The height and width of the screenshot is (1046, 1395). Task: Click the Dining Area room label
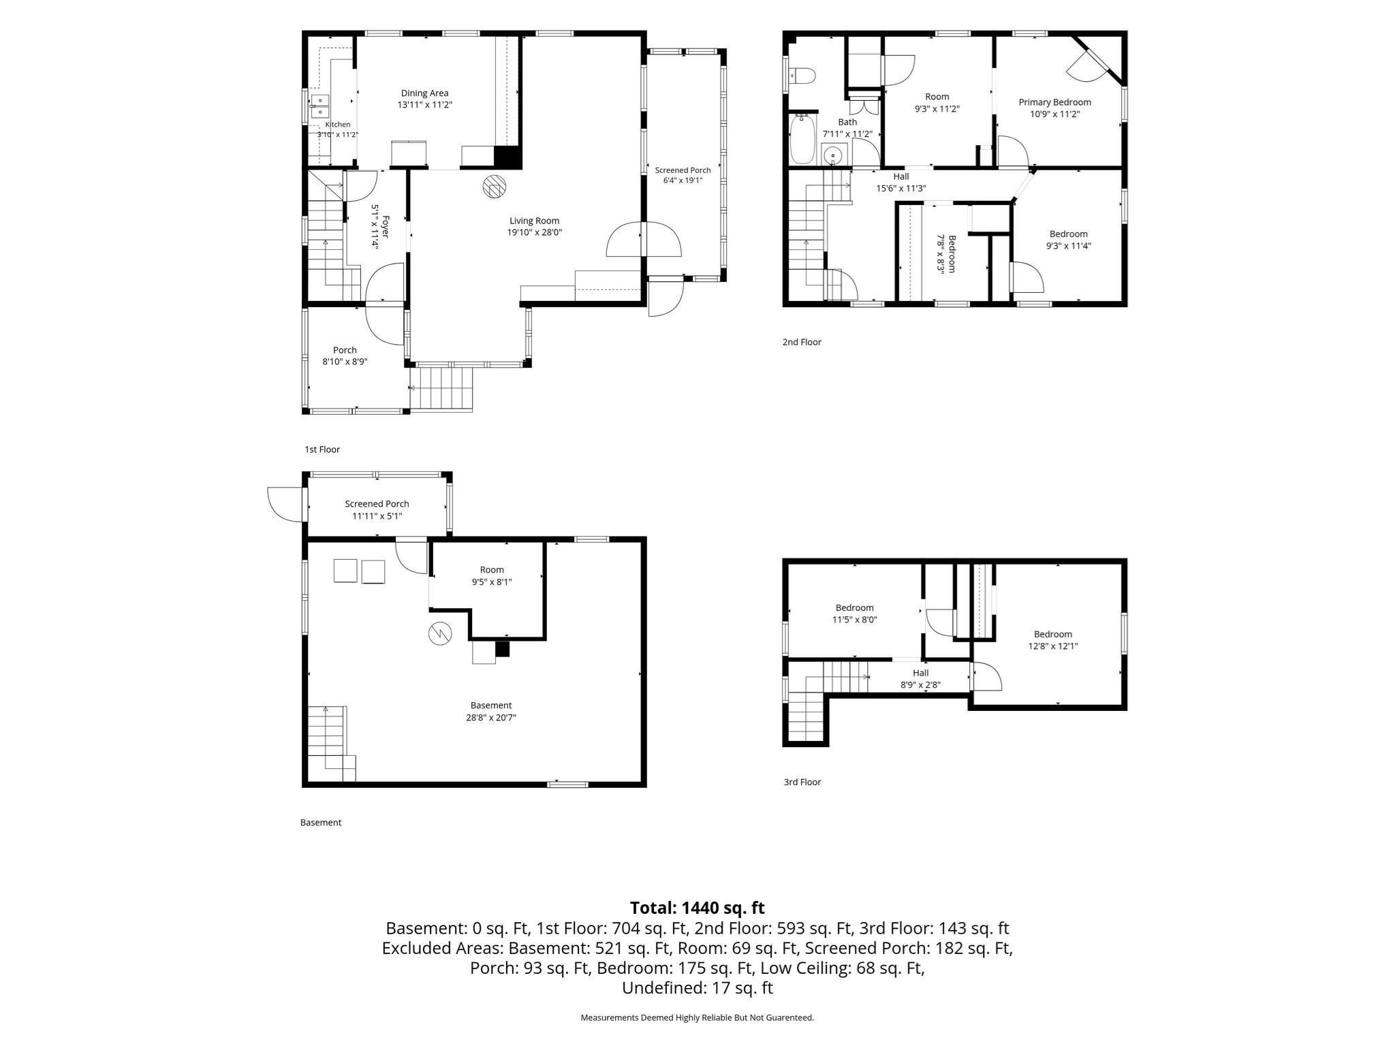click(424, 93)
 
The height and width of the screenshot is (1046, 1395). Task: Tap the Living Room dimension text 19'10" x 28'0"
click(535, 232)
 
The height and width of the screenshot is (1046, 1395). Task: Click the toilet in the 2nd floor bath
click(800, 76)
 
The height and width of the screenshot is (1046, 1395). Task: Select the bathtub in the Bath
click(802, 140)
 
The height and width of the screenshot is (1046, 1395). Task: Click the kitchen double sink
click(319, 106)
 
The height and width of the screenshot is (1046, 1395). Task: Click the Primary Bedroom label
click(1054, 102)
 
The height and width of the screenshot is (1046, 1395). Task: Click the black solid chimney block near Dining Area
click(507, 157)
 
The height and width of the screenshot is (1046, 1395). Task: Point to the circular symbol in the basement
click(439, 634)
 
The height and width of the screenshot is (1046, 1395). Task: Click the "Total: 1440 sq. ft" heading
click(697, 908)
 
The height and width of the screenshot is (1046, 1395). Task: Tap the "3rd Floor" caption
click(802, 782)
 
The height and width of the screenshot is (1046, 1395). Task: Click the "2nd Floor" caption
click(802, 342)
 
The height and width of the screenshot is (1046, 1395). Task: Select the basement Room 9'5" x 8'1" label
click(492, 576)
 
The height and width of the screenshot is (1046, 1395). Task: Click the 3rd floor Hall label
click(921, 673)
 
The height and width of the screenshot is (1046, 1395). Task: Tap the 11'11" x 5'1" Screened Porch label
click(377, 510)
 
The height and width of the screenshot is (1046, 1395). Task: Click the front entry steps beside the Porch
click(445, 389)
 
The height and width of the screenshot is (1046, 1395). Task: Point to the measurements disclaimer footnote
click(697, 1017)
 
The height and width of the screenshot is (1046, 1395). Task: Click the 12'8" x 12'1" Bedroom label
click(1053, 640)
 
